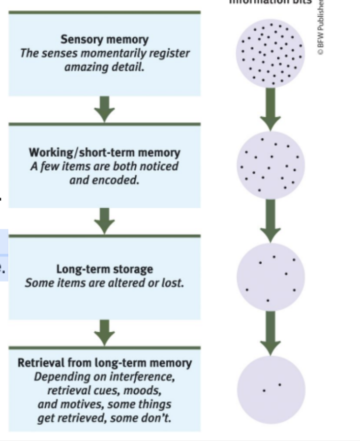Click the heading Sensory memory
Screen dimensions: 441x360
pos(104,40)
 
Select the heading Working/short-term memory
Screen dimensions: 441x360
pos(104,153)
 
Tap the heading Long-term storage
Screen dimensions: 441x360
pos(104,269)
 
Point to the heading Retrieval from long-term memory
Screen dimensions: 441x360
pos(104,363)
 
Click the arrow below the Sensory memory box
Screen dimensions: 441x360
pos(104,108)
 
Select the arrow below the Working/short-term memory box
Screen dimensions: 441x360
pos(104,220)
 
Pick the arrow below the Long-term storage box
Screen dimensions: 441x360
pos(104,333)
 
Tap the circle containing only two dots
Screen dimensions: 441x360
pos(270,389)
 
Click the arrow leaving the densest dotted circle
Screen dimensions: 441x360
pos(270,108)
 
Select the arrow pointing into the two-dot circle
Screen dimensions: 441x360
pos(270,333)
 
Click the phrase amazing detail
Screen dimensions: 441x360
pos(104,66)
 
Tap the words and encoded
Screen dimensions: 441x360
pos(104,179)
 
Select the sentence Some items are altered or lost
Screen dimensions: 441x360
pos(104,283)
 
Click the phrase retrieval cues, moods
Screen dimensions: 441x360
pos(104,391)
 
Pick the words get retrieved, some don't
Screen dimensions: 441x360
pos(104,418)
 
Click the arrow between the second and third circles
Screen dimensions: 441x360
pos(270,220)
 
